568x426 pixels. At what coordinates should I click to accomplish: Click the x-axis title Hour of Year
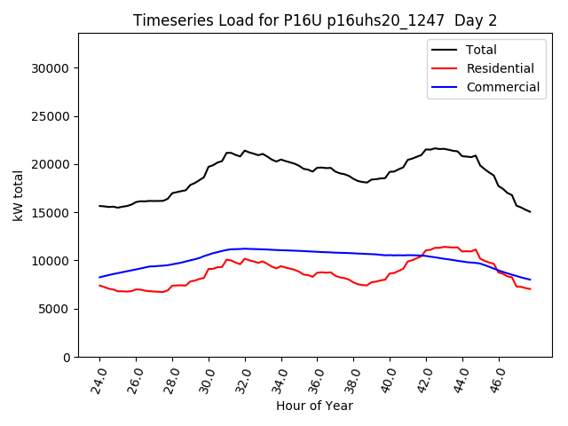point(314,406)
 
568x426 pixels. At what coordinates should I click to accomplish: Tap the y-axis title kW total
point(19,195)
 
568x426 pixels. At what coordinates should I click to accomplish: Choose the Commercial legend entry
point(502,87)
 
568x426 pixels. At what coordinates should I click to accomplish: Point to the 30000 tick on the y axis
point(51,68)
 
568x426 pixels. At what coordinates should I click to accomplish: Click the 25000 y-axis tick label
point(51,116)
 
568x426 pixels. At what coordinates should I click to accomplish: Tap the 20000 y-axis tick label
point(51,164)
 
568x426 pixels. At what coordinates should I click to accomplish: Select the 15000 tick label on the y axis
point(51,213)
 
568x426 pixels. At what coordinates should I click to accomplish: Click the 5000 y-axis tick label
point(55,309)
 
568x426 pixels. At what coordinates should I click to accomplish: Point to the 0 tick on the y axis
point(67,357)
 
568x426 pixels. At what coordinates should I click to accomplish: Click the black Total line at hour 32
point(245,151)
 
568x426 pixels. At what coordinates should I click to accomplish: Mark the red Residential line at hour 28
point(173,286)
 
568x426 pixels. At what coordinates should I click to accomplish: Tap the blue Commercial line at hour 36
point(318,251)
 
